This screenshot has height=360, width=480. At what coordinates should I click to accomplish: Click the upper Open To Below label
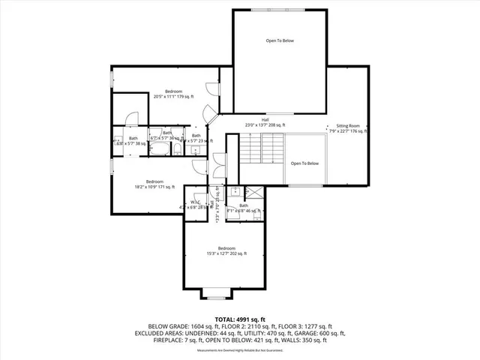pyautogui.click(x=280, y=40)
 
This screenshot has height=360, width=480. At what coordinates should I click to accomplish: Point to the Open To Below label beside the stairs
pyautogui.click(x=305, y=163)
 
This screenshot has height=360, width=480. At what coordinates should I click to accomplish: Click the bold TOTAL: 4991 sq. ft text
pyautogui.click(x=239, y=319)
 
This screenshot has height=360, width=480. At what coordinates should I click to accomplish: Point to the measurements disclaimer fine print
pyautogui.click(x=239, y=350)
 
